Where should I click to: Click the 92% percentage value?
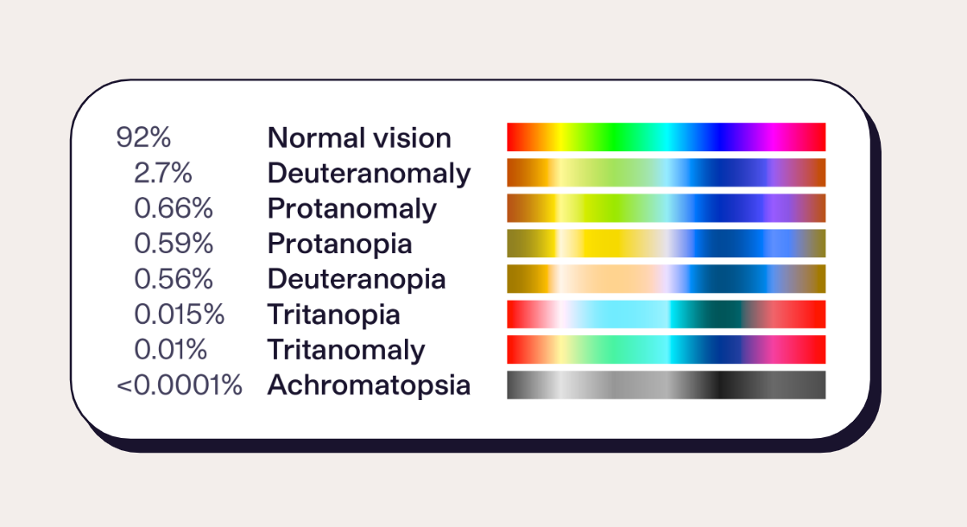[x=144, y=138]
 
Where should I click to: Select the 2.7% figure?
[x=163, y=174]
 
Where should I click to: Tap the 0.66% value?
[x=174, y=209]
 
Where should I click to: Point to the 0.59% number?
[x=174, y=244]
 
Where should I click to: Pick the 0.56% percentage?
[x=174, y=280]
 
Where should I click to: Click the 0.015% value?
[x=180, y=315]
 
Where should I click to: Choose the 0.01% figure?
[x=171, y=351]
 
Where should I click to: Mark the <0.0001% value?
[x=180, y=386]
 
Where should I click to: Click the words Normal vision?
[x=359, y=138]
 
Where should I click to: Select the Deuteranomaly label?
[x=369, y=174]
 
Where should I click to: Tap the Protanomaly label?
[x=352, y=209]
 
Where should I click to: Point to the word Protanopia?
[x=339, y=244]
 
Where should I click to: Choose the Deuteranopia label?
[x=357, y=280]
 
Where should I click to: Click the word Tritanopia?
[x=334, y=315]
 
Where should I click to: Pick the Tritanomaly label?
[x=346, y=351]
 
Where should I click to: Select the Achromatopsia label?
[x=369, y=386]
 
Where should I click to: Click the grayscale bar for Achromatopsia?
[x=666, y=385]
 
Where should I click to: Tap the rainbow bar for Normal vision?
[x=666, y=137]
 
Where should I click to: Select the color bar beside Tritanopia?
[x=666, y=314]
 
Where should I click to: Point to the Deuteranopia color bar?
[x=666, y=279]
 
